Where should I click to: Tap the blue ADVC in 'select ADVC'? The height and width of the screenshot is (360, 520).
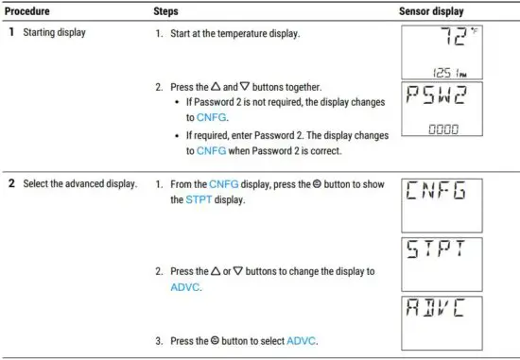(303, 339)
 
